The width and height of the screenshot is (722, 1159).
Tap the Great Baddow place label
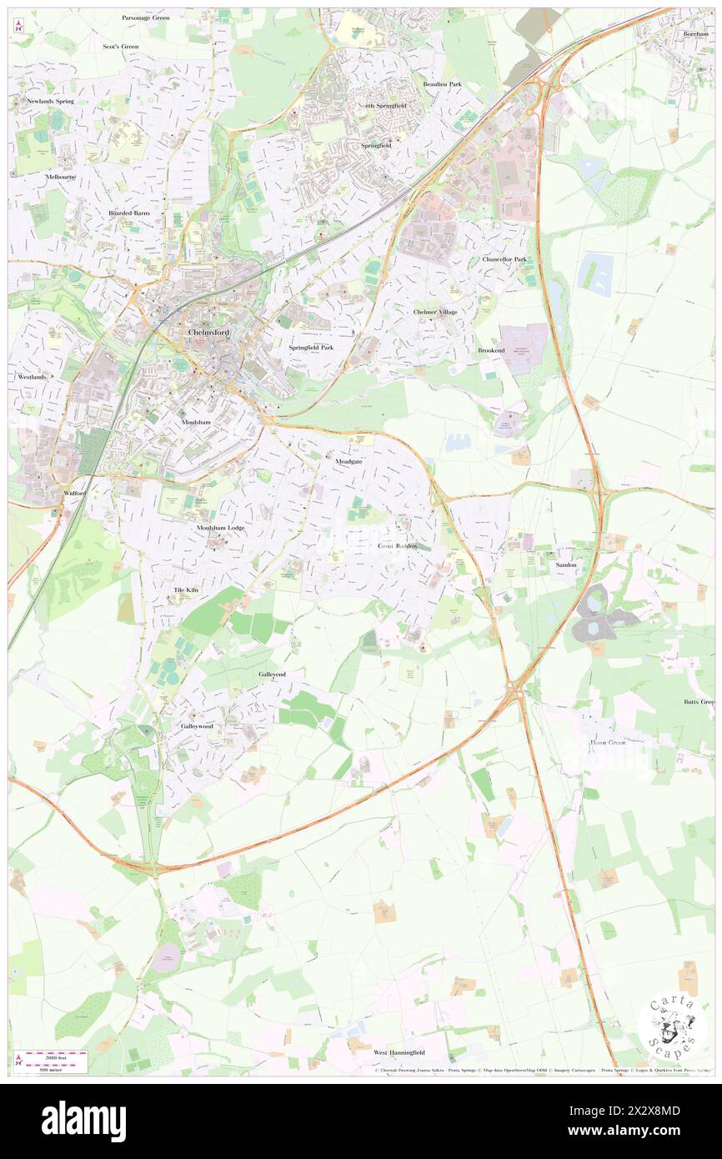tap(398, 546)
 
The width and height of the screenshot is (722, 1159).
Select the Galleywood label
tap(198, 726)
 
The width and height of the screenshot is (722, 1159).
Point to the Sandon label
tap(566, 564)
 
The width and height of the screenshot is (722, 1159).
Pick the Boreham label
tap(695, 34)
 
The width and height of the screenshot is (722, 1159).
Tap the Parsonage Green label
tap(147, 18)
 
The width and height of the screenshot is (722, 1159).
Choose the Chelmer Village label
tap(435, 312)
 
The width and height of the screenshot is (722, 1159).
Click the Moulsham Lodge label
tap(221, 528)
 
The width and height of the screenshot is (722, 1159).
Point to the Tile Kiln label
tap(186, 590)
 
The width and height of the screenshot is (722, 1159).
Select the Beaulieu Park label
tap(442, 84)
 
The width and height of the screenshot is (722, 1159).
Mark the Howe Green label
tap(608, 742)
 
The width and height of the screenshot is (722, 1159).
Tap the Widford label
tap(75, 494)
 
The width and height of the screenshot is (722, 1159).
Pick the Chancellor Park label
tap(504, 259)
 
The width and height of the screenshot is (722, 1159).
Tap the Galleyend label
tap(272, 674)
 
